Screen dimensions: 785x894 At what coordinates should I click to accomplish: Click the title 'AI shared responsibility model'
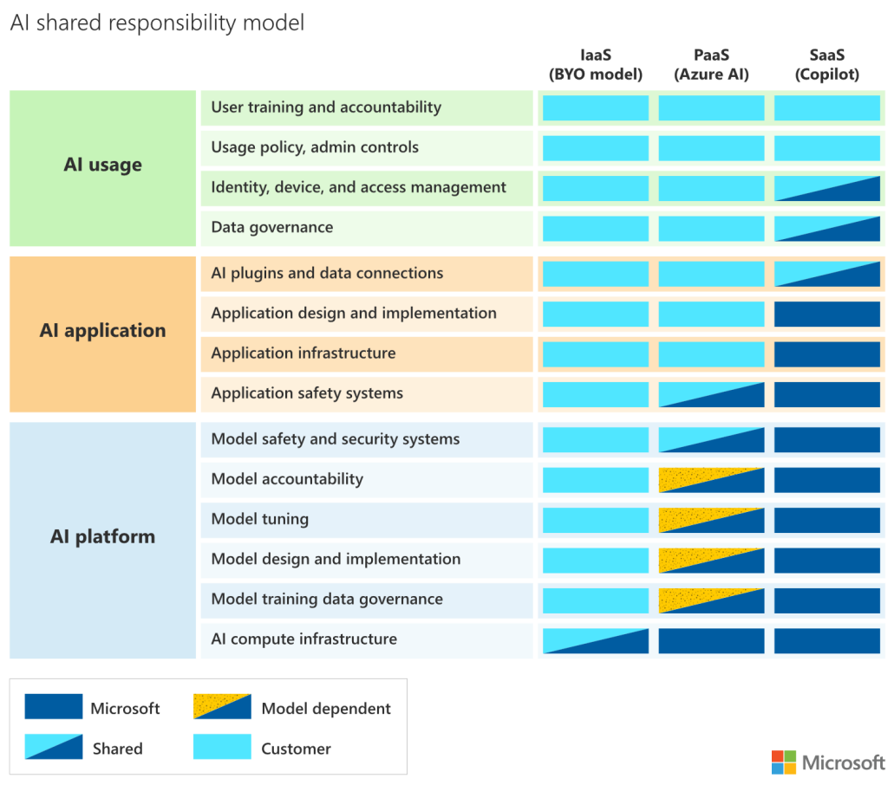157,23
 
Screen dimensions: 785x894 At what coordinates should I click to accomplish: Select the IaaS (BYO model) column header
596,65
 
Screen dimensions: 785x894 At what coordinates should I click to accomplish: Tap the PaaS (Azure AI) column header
711,65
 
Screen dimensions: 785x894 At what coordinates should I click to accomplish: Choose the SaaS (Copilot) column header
827,65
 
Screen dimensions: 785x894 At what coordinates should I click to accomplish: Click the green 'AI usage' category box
102,165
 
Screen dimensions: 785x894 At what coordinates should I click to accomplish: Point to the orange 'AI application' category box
102,331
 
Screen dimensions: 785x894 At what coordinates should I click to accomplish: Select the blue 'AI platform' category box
102,537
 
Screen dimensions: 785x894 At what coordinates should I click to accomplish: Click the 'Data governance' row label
271,228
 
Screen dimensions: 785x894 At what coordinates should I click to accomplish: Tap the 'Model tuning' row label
260,520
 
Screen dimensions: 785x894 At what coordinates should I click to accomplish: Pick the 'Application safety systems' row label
307,394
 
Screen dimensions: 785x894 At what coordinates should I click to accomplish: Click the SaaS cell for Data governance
827,229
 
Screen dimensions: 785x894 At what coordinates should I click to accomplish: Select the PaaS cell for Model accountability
711,480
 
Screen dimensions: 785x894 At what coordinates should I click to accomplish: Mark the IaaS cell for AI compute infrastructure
596,640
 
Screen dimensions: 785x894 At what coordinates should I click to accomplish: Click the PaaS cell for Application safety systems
711,394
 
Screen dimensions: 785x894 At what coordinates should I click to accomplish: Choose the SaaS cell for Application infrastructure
827,354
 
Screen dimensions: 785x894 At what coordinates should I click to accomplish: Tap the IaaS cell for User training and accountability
596,108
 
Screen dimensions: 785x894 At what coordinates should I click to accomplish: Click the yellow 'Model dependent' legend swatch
223,707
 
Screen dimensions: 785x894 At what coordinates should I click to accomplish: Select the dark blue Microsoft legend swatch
54,707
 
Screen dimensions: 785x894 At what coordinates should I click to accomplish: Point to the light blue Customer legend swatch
223,747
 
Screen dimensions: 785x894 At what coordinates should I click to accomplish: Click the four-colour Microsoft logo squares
783,762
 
